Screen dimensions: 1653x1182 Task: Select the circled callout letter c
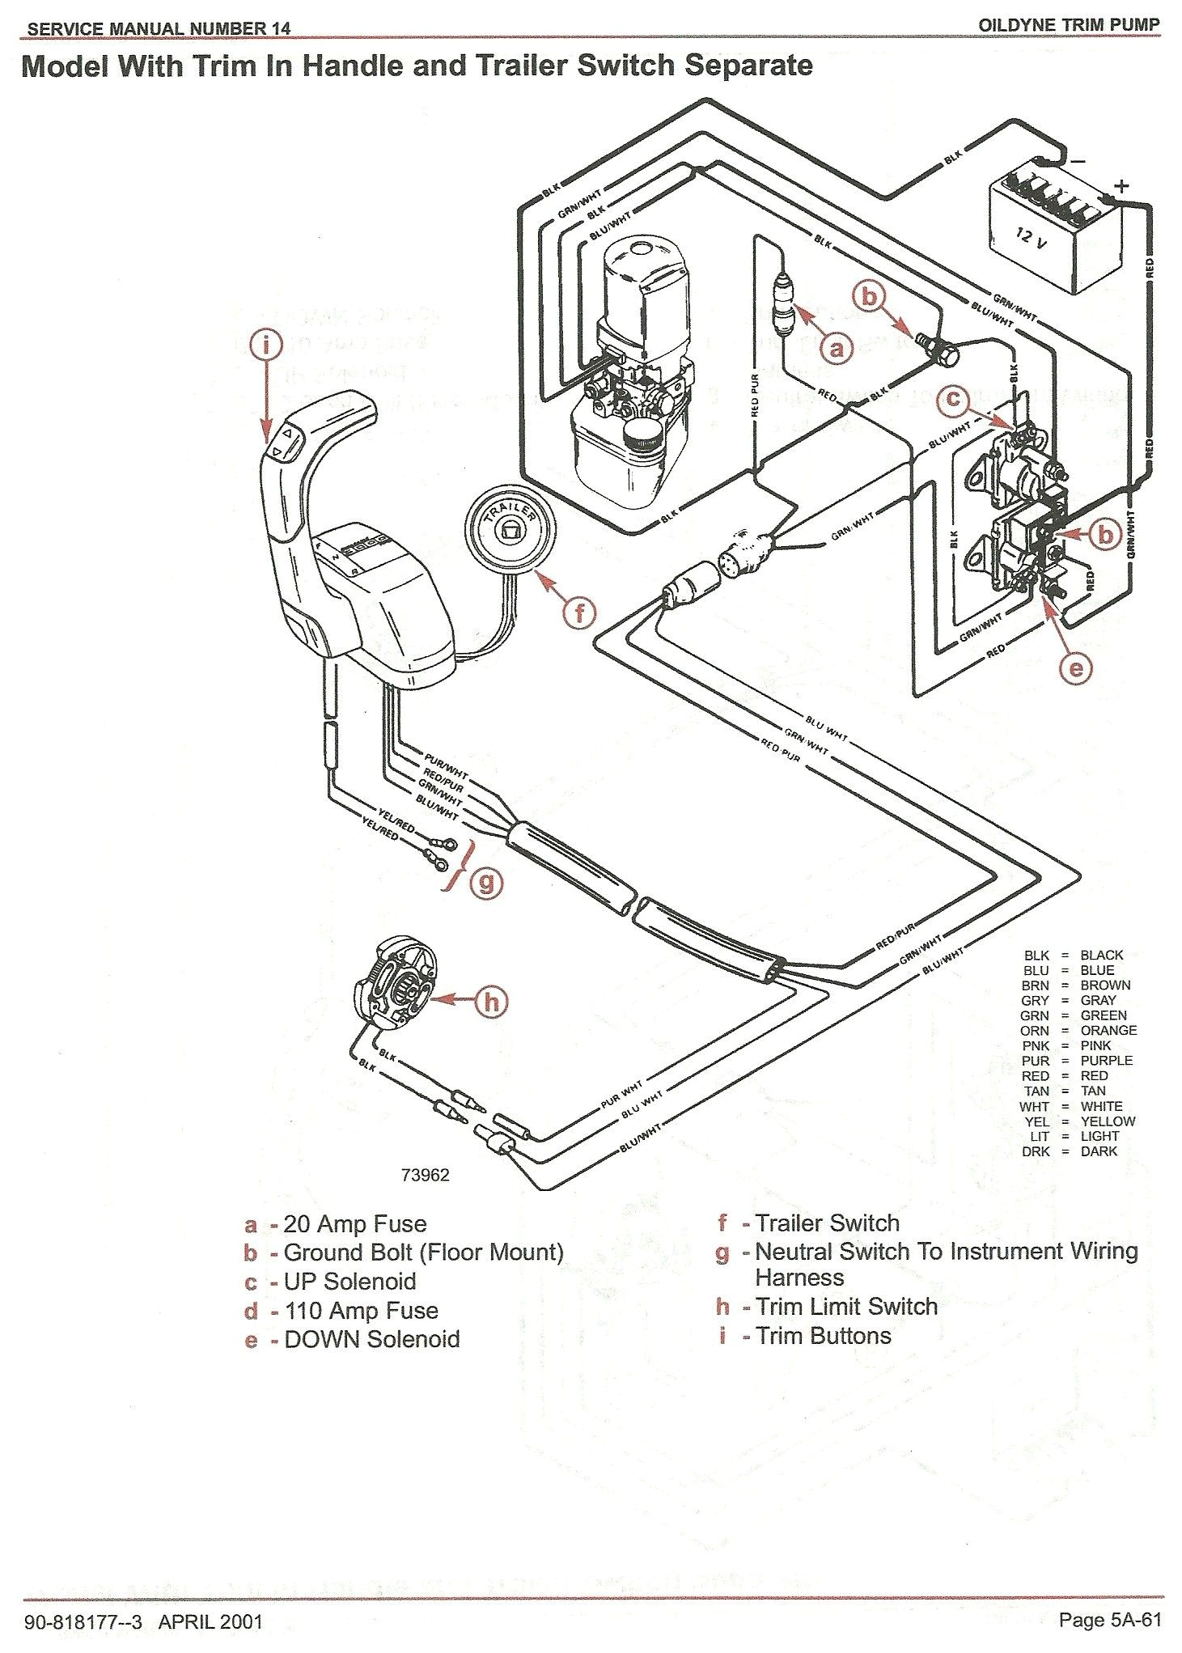tap(955, 399)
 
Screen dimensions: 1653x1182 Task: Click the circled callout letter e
tap(1076, 668)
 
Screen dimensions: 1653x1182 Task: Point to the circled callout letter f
tap(579, 612)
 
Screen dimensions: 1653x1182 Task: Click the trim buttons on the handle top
tap(285, 444)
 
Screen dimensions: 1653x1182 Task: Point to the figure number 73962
tap(425, 1175)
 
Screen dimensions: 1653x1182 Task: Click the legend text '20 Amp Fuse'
tap(355, 1224)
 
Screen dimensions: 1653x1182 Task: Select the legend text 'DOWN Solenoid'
tap(372, 1339)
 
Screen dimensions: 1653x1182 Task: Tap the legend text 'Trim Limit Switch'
tap(846, 1307)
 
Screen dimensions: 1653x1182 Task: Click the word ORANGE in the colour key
tap(1108, 1030)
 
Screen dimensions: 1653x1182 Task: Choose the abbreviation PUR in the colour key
tap(1036, 1061)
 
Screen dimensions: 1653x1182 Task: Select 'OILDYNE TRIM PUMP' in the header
tap(1069, 25)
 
